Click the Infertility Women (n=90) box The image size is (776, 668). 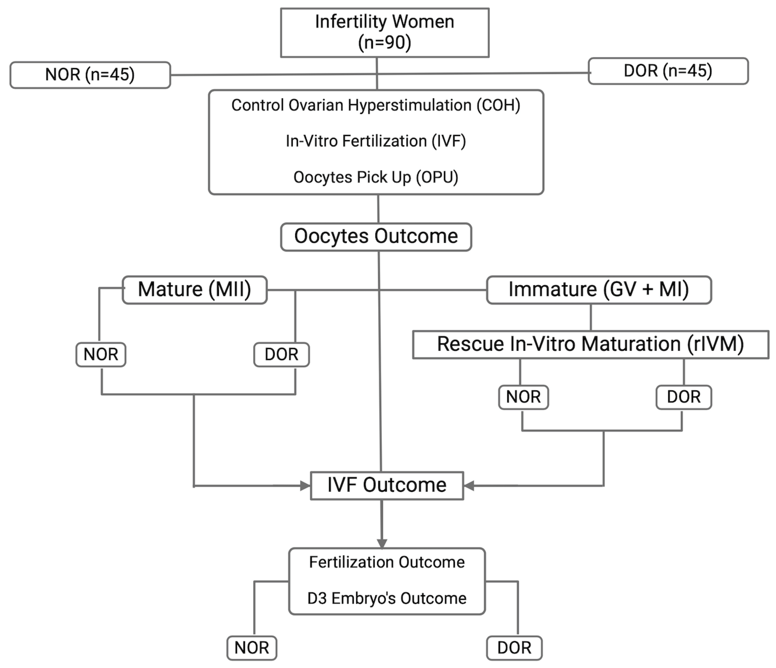[385, 32]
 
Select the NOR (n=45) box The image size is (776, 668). [90, 75]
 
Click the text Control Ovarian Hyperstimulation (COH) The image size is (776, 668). [376, 105]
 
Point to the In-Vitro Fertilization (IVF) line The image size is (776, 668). [376, 141]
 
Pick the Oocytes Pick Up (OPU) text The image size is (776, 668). [376, 177]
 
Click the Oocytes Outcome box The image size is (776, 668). [376, 237]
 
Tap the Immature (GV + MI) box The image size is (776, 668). [598, 290]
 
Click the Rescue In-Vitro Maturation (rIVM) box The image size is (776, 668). [590, 344]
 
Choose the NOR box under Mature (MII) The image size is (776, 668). [101, 354]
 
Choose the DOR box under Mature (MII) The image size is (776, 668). [281, 354]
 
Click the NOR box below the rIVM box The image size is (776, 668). [523, 397]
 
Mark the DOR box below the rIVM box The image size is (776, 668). [684, 397]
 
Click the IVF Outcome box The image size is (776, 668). [387, 485]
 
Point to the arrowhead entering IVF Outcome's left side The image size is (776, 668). [305, 486]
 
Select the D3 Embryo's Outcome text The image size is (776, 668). [387, 598]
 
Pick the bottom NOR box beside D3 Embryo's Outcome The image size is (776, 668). [252, 648]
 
